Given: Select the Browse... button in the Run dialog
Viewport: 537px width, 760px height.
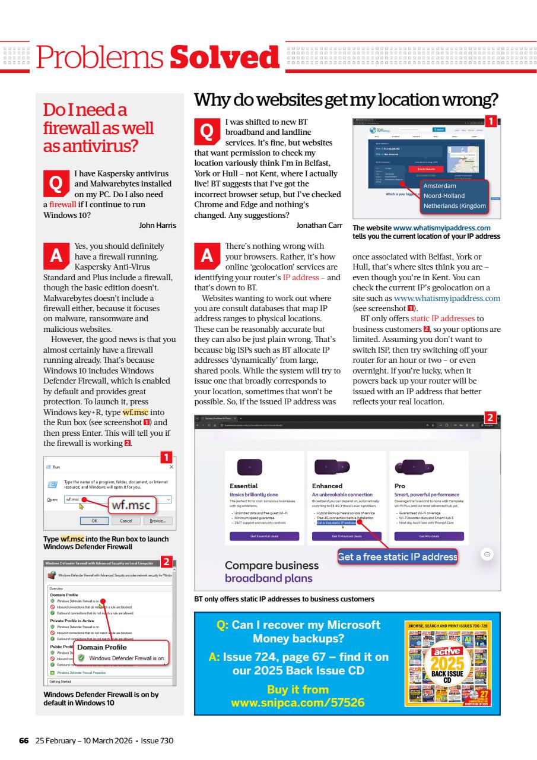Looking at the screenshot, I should (157, 520).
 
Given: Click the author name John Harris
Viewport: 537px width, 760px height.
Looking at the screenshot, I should (157, 225).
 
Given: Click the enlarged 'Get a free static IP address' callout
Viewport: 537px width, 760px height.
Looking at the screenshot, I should (398, 556).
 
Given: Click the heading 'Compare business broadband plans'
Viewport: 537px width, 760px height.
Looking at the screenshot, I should (272, 571).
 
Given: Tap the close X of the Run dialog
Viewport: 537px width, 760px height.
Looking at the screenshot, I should (171, 467).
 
